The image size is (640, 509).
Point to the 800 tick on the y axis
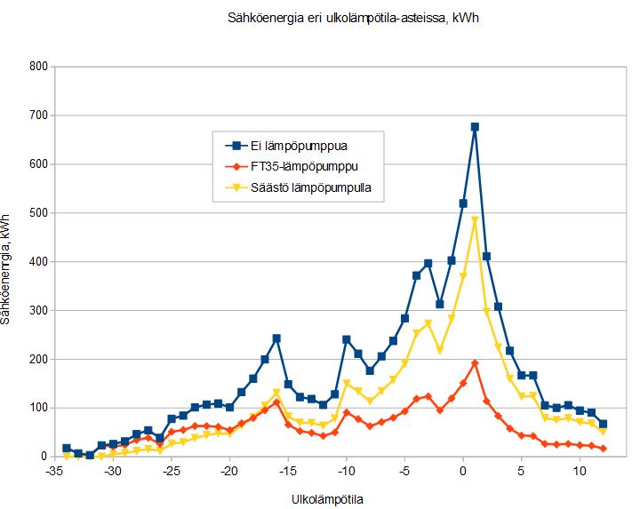tap(37, 67)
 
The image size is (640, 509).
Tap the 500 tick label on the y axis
tap(37, 213)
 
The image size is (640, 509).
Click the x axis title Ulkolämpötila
tap(327, 499)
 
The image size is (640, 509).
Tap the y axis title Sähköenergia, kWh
tap(8, 267)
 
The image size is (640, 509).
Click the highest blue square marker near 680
tap(475, 127)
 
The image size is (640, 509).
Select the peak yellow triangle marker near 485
tap(475, 220)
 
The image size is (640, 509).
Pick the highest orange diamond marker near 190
tap(475, 363)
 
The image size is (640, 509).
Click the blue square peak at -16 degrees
tap(276, 338)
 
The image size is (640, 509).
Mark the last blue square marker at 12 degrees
tap(603, 424)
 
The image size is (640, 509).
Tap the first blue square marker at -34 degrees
tap(67, 449)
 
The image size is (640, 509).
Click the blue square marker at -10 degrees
tap(347, 339)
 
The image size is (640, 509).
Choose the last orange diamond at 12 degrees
tap(603, 449)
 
